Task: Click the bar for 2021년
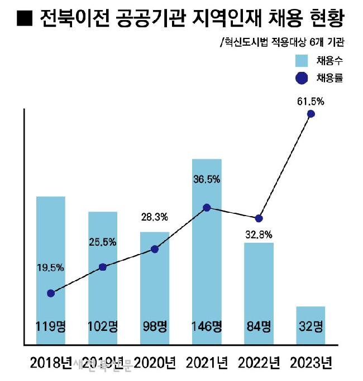(207, 251)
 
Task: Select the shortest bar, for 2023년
(311, 325)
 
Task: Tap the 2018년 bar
(51, 270)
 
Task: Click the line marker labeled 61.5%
(311, 114)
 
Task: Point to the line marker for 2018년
(51, 293)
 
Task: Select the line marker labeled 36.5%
(207, 207)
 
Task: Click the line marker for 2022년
(259, 218)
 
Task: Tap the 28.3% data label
(155, 216)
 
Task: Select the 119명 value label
(51, 326)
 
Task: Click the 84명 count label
(259, 326)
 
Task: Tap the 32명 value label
(311, 326)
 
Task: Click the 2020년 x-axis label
(155, 364)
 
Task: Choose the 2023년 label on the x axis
(311, 364)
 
